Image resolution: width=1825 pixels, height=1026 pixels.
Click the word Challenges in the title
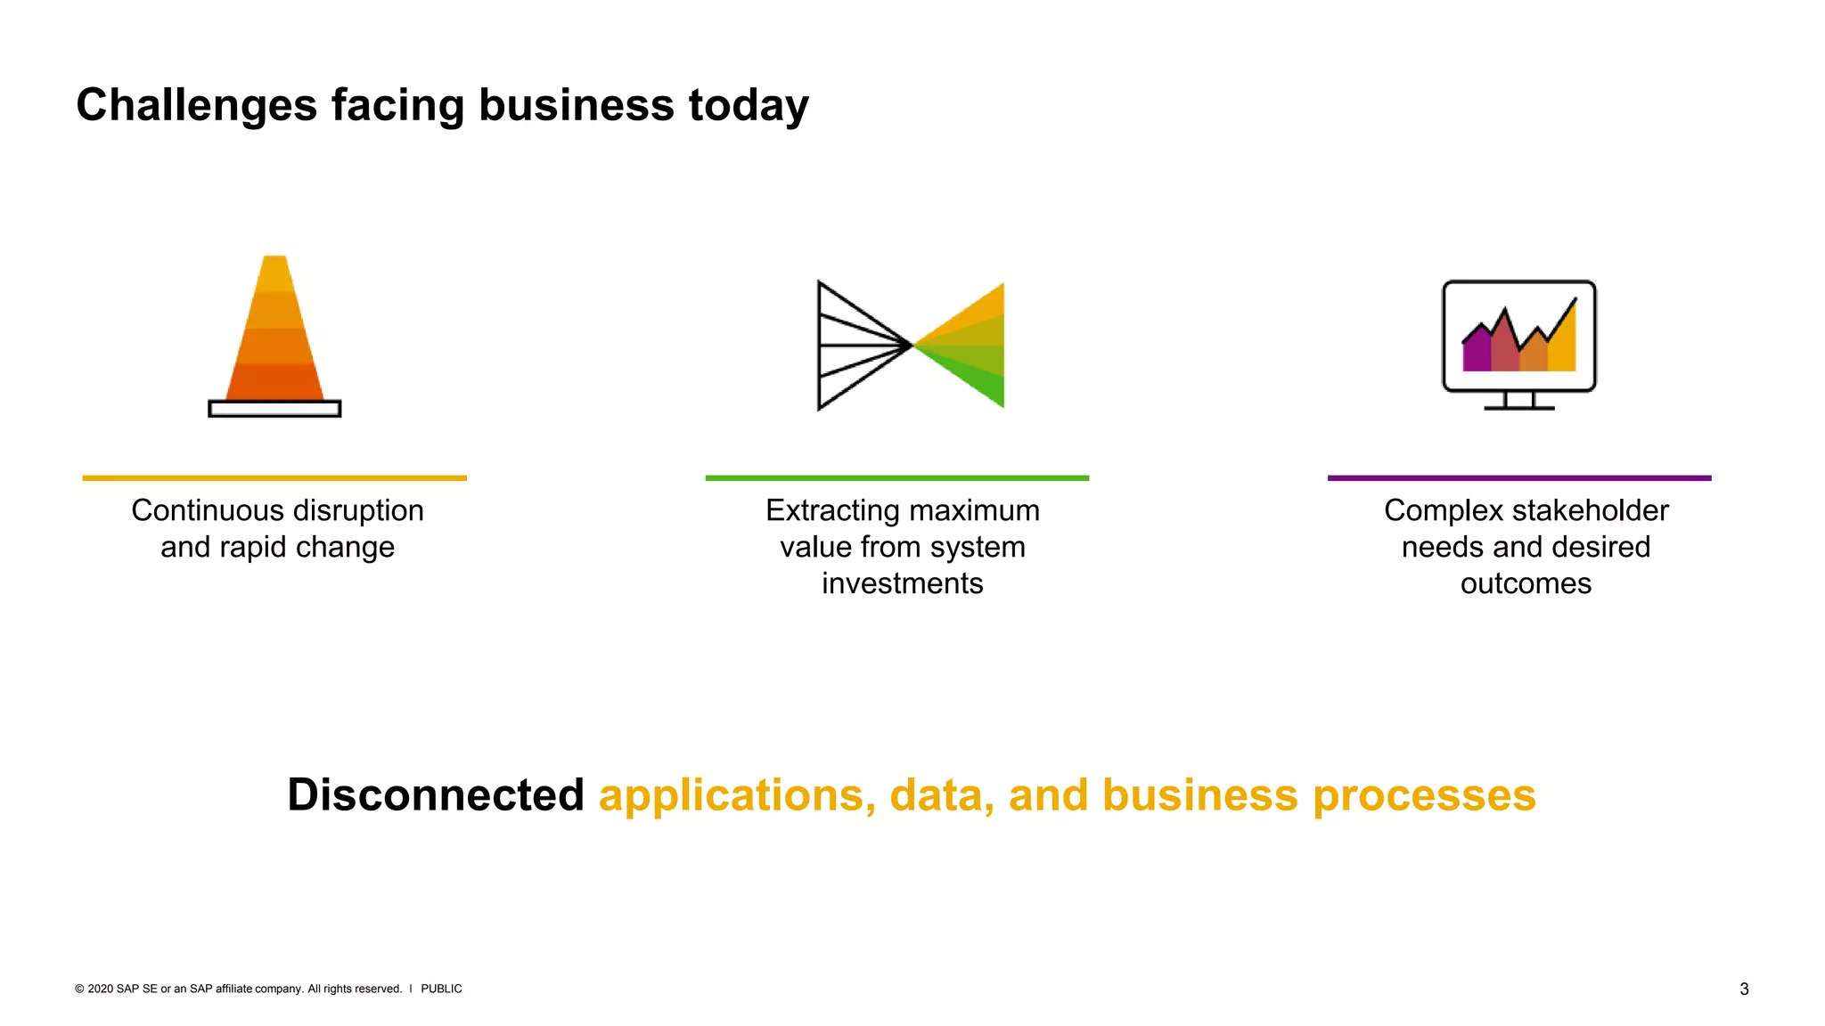click(x=196, y=105)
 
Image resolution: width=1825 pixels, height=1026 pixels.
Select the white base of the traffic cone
click(x=274, y=409)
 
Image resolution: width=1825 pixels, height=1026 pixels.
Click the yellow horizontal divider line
click(x=274, y=478)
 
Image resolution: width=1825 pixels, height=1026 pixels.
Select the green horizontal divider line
click(x=896, y=478)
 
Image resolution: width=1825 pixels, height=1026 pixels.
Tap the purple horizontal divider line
click(x=1519, y=478)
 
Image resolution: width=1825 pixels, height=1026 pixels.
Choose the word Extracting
click(x=833, y=510)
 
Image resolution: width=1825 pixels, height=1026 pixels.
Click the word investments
click(x=902, y=583)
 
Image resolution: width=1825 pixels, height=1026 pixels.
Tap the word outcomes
click(x=1526, y=583)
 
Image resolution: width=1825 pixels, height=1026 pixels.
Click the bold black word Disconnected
click(x=435, y=794)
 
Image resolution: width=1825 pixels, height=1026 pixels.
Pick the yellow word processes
click(x=1424, y=796)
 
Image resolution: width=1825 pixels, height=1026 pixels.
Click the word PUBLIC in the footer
click(x=441, y=989)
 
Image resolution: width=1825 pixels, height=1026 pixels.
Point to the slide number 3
click(x=1744, y=989)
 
